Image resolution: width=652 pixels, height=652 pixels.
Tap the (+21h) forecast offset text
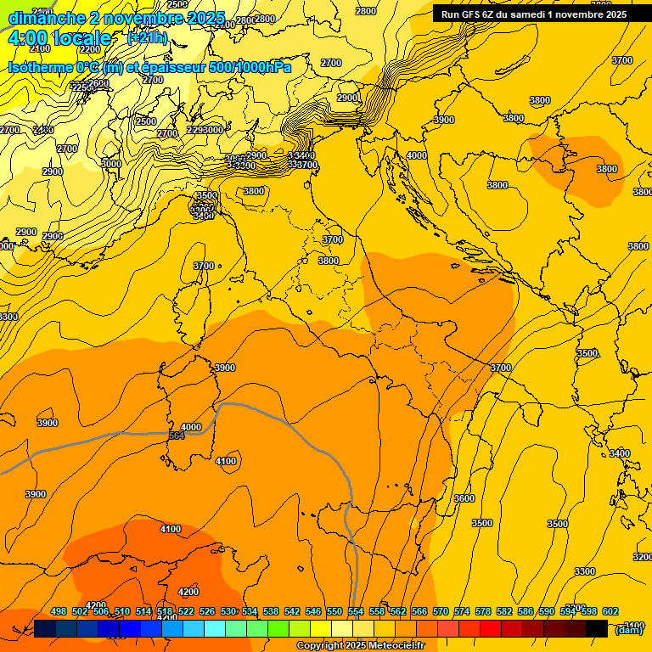coord(147,37)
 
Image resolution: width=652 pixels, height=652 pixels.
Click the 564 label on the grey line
coord(177,436)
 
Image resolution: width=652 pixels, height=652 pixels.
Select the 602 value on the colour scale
coord(610,611)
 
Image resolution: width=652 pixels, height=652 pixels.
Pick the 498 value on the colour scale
coord(59,611)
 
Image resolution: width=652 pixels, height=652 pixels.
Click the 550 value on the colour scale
coord(334,611)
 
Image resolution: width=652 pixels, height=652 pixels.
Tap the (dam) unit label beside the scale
coord(628,629)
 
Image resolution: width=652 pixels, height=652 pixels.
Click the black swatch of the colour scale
coord(597,628)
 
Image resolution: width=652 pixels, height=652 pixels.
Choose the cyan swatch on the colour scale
coord(215,628)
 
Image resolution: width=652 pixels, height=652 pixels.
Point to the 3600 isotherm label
coord(464,498)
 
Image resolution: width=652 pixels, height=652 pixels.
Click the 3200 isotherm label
coord(642,557)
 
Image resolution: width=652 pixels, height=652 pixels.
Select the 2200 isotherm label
coord(89,73)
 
